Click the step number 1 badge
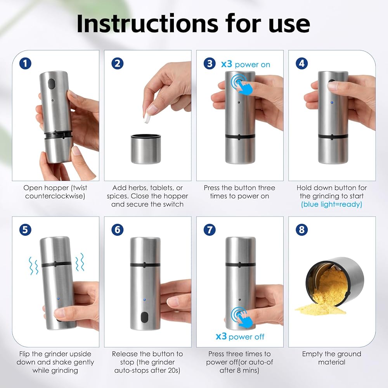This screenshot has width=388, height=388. click(x=25, y=63)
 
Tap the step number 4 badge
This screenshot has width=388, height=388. click(x=301, y=63)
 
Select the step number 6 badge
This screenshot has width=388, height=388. click(x=117, y=230)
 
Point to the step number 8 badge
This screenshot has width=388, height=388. click(x=301, y=230)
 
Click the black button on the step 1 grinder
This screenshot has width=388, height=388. click(x=51, y=84)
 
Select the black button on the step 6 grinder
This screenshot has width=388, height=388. click(x=144, y=317)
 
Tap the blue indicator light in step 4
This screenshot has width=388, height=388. click(x=332, y=102)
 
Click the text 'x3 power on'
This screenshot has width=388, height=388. click(x=246, y=64)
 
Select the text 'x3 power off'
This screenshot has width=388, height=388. click(x=240, y=336)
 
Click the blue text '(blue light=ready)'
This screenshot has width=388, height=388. click(x=332, y=204)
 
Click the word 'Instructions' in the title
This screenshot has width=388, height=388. click(x=147, y=24)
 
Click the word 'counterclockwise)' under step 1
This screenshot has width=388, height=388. click(x=55, y=196)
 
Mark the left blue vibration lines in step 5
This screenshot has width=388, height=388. click(x=33, y=266)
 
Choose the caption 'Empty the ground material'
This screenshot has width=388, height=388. click(x=332, y=358)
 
